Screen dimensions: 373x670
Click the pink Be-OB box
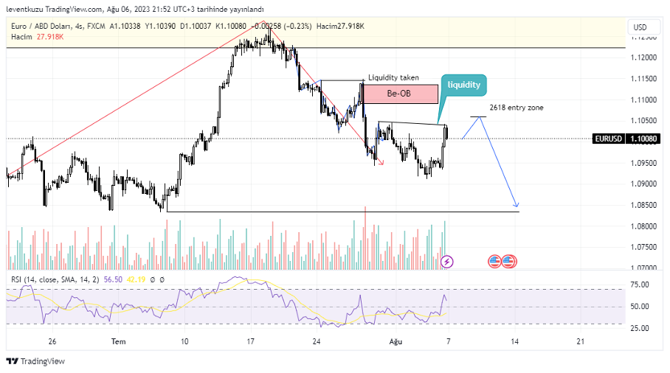399,94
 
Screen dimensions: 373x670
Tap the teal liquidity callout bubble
463,85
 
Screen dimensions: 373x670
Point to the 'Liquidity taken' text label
393,77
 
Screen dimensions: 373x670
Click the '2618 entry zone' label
517,108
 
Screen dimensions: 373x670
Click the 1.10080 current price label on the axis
644,138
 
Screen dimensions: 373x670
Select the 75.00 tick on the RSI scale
639,285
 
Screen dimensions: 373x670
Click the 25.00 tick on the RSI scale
639,328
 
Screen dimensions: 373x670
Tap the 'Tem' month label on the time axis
118,341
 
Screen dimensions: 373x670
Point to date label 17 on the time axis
251,341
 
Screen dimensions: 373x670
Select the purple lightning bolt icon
446,261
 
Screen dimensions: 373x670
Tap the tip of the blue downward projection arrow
518,206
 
